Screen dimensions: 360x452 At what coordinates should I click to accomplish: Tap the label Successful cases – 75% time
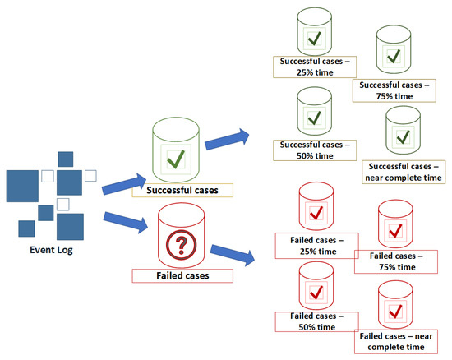tap(393, 89)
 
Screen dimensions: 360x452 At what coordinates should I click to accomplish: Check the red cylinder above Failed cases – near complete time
tap(396, 306)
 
